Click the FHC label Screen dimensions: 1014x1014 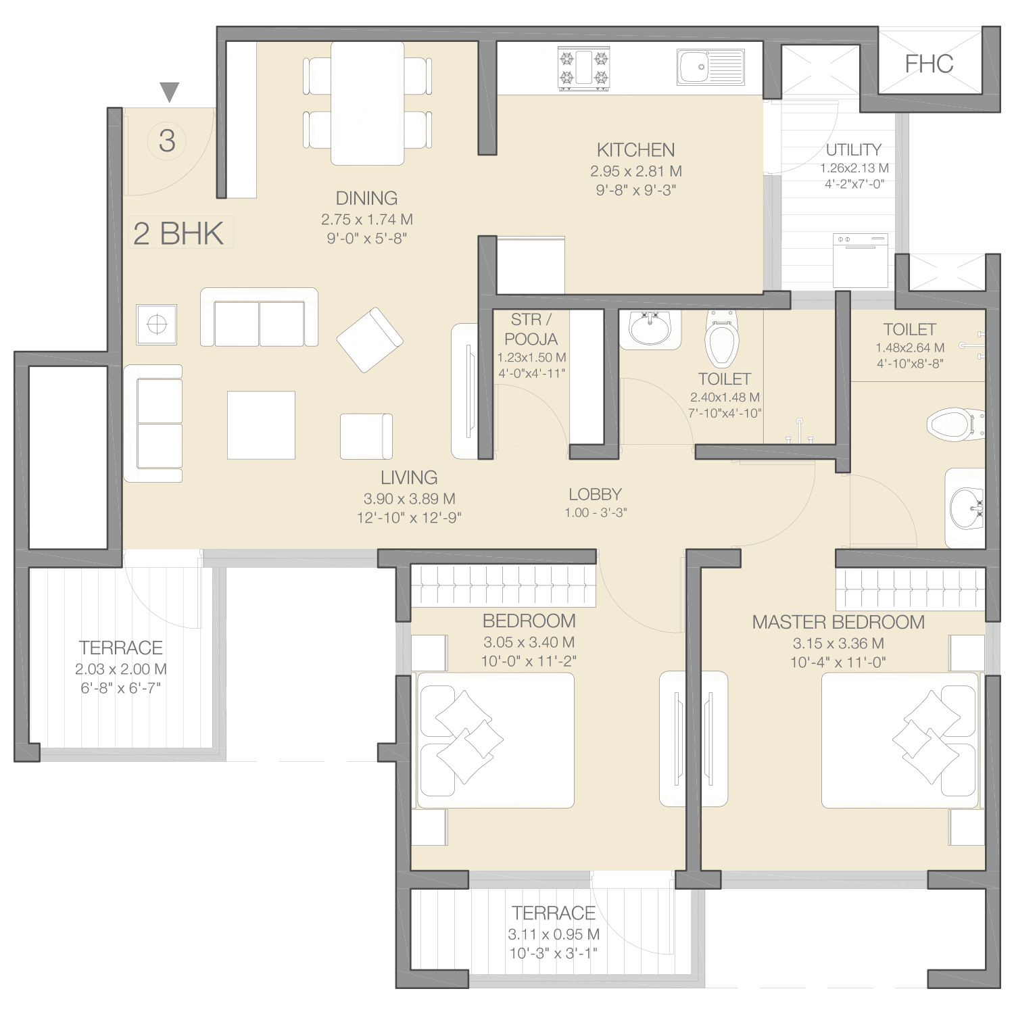[929, 64]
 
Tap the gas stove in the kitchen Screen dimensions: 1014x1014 [583, 68]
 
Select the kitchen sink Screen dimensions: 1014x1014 [710, 67]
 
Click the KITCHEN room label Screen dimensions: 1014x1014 [635, 149]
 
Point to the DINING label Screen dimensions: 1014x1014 [366, 198]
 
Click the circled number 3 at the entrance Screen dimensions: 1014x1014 [167, 141]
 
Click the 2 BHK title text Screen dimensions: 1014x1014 [178, 233]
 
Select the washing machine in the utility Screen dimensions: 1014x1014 [861, 260]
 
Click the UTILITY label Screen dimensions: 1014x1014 [854, 149]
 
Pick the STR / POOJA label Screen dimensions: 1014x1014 [531, 329]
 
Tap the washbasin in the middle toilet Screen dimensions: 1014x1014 [650, 329]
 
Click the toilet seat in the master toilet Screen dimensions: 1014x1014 [956, 424]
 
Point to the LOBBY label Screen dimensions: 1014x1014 [595, 494]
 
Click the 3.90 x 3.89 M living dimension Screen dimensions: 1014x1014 [409, 499]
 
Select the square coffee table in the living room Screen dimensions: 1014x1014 [261, 425]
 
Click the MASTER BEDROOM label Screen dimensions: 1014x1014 [838, 622]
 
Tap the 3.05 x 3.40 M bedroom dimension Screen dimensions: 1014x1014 [529, 642]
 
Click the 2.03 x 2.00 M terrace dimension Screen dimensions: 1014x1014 [121, 669]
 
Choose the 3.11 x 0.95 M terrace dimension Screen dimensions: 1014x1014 [554, 934]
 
